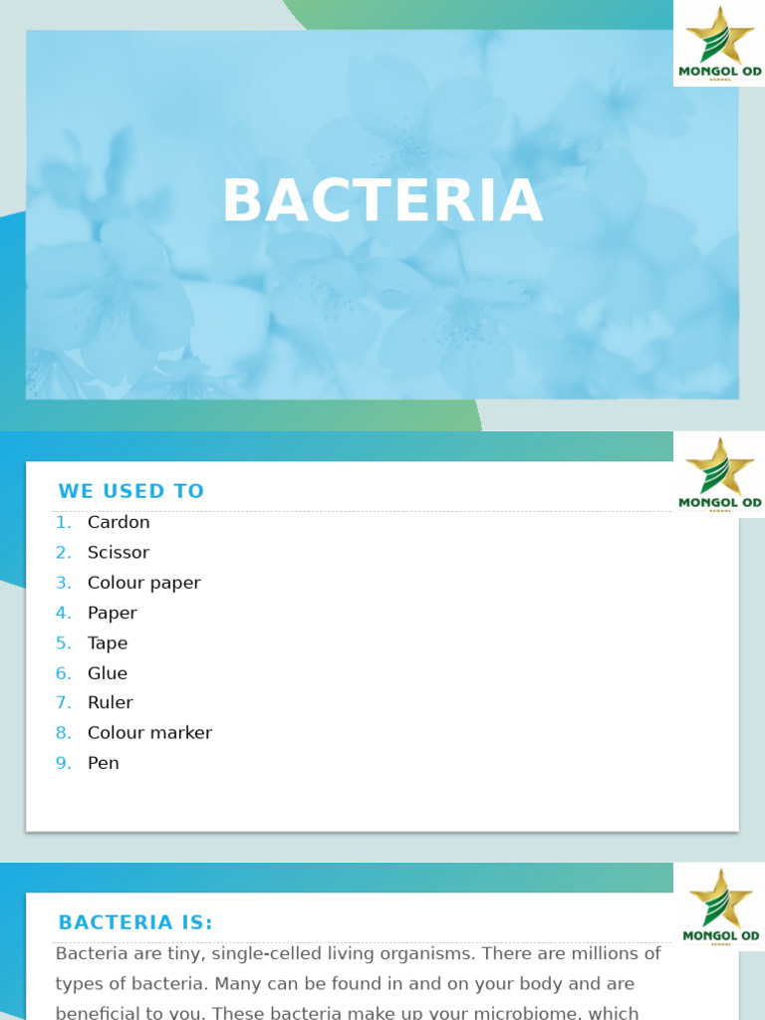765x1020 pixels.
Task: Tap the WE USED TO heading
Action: click(130, 491)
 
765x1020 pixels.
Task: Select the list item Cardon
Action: click(119, 522)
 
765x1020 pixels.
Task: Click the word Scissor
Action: click(119, 552)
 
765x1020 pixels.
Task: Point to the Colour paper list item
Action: click(143, 583)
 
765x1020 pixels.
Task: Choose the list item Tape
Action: click(108, 642)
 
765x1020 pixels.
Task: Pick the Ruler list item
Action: click(110, 702)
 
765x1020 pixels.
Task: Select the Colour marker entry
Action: click(149, 733)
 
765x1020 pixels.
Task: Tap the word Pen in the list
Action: click(103, 763)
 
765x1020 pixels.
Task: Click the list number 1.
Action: click(63, 522)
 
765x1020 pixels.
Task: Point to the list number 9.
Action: click(63, 763)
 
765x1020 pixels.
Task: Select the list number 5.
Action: click(63, 642)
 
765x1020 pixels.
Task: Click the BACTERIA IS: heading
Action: click(135, 922)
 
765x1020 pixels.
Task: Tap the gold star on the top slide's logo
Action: click(719, 35)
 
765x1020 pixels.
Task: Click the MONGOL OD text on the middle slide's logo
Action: click(719, 503)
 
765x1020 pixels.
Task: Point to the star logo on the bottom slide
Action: click(719, 898)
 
